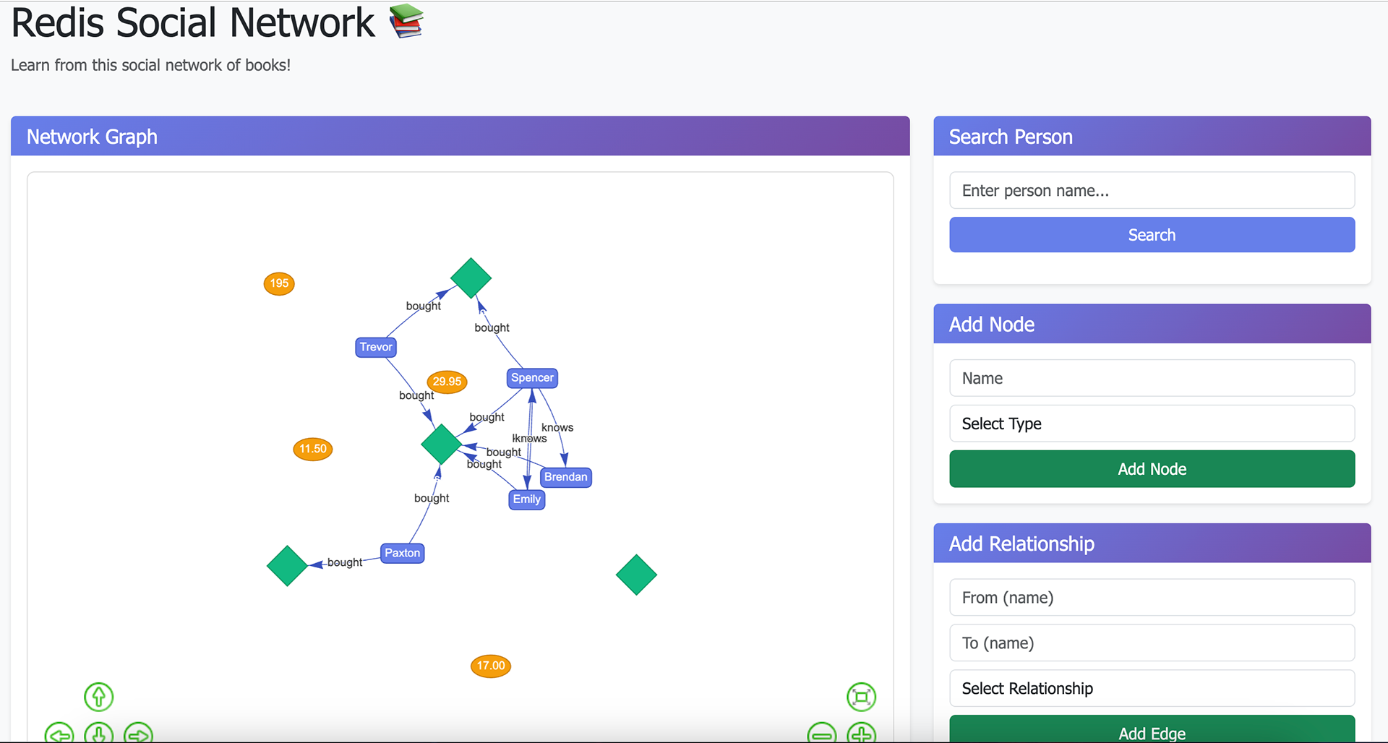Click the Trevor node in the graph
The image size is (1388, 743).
click(x=376, y=347)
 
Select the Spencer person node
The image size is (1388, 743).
click(x=532, y=377)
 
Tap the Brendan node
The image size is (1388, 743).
click(x=566, y=477)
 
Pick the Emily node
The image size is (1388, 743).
click(x=527, y=499)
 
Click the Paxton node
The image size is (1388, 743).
click(x=402, y=553)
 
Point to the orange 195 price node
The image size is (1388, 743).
click(x=279, y=283)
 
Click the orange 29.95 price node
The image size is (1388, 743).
click(x=447, y=382)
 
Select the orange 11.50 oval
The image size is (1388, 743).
click(x=313, y=449)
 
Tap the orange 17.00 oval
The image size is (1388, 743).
click(x=491, y=666)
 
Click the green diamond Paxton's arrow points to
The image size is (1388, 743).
click(x=288, y=566)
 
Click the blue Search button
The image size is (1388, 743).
click(x=1152, y=235)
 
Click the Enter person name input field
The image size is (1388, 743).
click(x=1152, y=190)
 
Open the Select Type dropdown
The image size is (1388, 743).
click(x=1152, y=424)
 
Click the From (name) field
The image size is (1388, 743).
click(x=1152, y=598)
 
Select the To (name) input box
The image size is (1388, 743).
click(x=1152, y=643)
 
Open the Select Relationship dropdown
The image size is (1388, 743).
click(x=1152, y=688)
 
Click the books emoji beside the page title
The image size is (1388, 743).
click(x=406, y=21)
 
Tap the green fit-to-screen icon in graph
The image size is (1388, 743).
click(x=861, y=697)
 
